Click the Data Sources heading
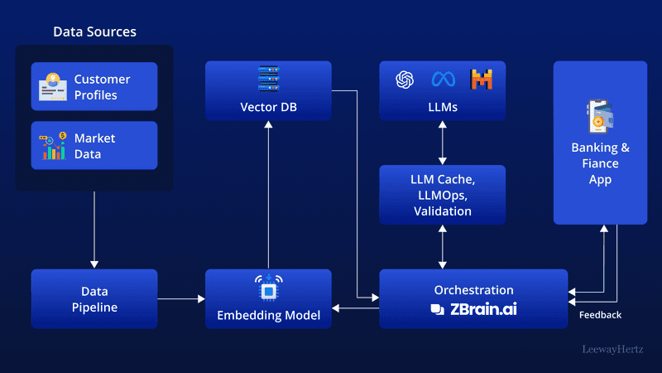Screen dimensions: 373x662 pyautogui.click(x=94, y=31)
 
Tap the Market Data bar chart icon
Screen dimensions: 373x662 pyautogui.click(x=54, y=145)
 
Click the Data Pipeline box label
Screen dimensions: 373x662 pyautogui.click(x=94, y=299)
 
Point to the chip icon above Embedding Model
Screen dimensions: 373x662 pyautogui.click(x=268, y=287)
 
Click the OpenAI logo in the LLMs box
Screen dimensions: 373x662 pyautogui.click(x=405, y=80)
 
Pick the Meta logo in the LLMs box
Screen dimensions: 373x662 pyautogui.click(x=443, y=80)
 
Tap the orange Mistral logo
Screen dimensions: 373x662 pyautogui.click(x=482, y=80)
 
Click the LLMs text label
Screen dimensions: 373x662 pyautogui.click(x=443, y=108)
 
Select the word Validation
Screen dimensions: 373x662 pyautogui.click(x=443, y=211)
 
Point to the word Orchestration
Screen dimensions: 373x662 pyautogui.click(x=473, y=290)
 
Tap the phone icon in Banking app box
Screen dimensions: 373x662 pyautogui.click(x=600, y=117)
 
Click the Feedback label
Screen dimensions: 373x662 pyautogui.click(x=600, y=315)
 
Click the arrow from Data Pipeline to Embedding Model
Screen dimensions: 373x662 pyautogui.click(x=181, y=298)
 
